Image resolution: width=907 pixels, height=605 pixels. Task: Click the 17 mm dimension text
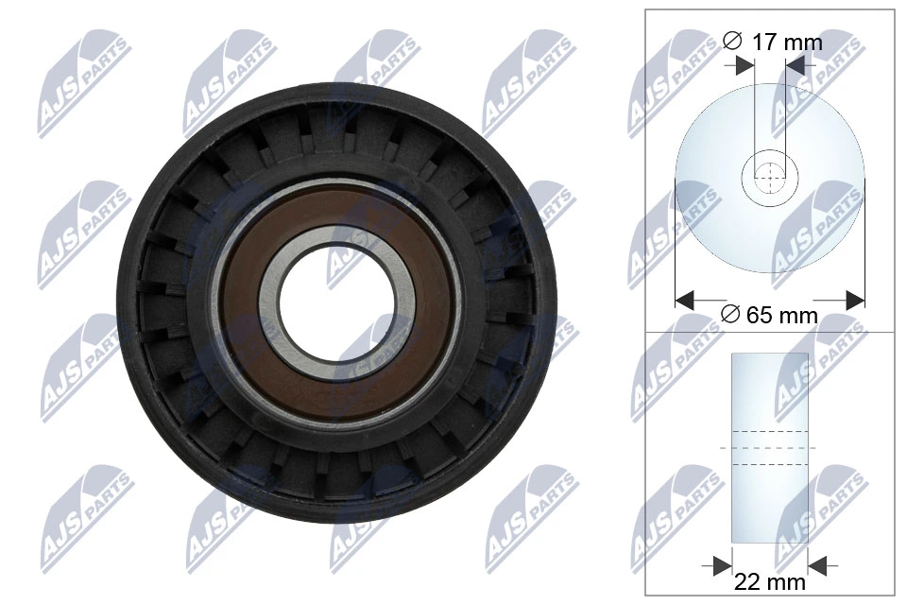coord(786,42)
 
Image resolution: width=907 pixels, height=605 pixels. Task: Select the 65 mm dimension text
coord(781,316)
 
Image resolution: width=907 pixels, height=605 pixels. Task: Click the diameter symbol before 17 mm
coord(730,42)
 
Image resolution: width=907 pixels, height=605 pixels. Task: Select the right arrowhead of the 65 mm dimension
coord(854,301)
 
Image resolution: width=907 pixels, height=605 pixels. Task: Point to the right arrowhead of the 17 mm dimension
coord(796,64)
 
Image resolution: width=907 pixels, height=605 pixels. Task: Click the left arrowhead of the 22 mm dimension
coord(723,565)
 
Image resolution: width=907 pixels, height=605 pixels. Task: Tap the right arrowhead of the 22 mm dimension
coord(818,565)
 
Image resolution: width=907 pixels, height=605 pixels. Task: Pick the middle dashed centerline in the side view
coord(770,447)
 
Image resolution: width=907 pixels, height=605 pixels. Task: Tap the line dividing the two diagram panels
coord(770,332)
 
